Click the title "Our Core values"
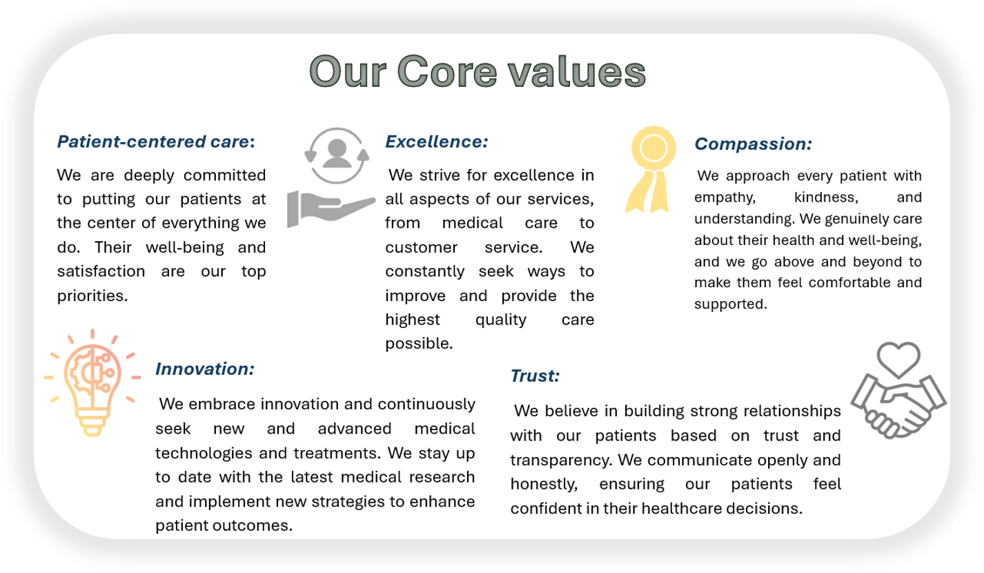(478, 72)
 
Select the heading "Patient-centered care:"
(156, 142)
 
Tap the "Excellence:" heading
(437, 142)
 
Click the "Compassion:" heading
(753, 144)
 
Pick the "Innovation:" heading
(205, 369)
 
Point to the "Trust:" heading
(535, 376)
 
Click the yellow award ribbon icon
(650, 169)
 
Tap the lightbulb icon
(92, 382)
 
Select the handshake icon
(898, 407)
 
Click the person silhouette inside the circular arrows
(337, 153)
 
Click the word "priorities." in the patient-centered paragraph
(92, 295)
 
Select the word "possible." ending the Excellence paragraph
(419, 344)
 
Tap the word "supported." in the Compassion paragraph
(731, 304)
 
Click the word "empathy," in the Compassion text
(725, 197)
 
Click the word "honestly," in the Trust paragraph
(544, 484)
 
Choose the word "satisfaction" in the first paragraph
(101, 271)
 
